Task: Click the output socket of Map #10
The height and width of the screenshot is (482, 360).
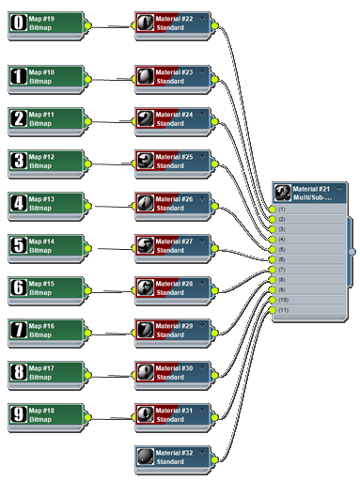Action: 87,79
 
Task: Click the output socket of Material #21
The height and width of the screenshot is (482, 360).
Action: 352,251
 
